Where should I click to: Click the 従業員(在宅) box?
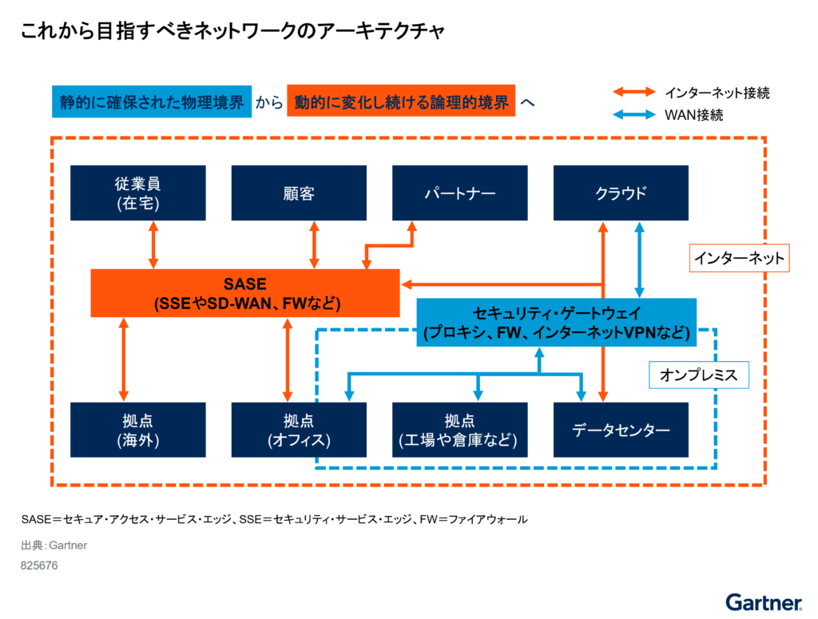pyautogui.click(x=138, y=193)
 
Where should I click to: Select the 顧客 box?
pyautogui.click(x=299, y=193)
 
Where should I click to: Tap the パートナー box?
pyautogui.click(x=459, y=193)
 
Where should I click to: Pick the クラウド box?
pyautogui.click(x=621, y=193)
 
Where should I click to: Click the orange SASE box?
pyautogui.click(x=244, y=293)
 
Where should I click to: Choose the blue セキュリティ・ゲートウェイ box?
pyautogui.click(x=557, y=323)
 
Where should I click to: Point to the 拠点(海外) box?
pyautogui.click(x=138, y=430)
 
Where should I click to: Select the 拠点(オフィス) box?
pyautogui.click(x=299, y=430)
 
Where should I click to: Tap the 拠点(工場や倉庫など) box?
pyautogui.click(x=459, y=430)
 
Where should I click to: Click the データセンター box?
pyautogui.click(x=621, y=430)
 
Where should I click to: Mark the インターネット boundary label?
pyautogui.click(x=739, y=258)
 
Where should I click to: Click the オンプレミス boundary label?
pyautogui.click(x=698, y=375)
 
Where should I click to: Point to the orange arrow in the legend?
pyautogui.click(x=634, y=93)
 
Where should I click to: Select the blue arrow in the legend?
pyautogui.click(x=634, y=115)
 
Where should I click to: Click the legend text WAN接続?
pyautogui.click(x=693, y=115)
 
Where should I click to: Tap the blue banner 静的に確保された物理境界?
pyautogui.click(x=152, y=101)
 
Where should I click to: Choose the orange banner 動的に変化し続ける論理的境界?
pyautogui.click(x=401, y=101)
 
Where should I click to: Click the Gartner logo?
pyautogui.click(x=764, y=601)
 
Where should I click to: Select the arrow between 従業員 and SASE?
pyautogui.click(x=154, y=245)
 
